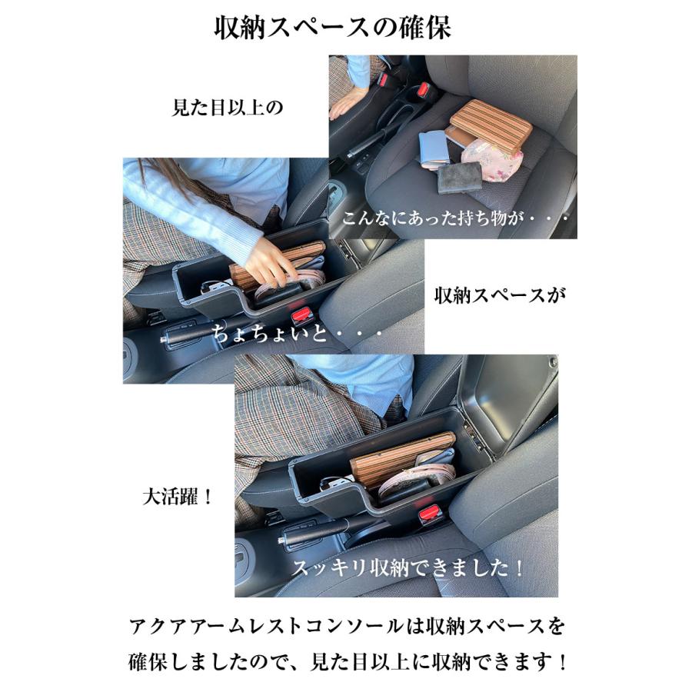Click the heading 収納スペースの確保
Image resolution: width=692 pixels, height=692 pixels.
(x=332, y=28)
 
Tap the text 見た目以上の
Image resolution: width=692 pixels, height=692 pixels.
(x=227, y=107)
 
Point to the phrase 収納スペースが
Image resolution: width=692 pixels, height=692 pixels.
(x=500, y=294)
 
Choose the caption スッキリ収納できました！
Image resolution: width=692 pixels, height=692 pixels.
(x=408, y=569)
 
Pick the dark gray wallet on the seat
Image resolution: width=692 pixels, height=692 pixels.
(x=460, y=178)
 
